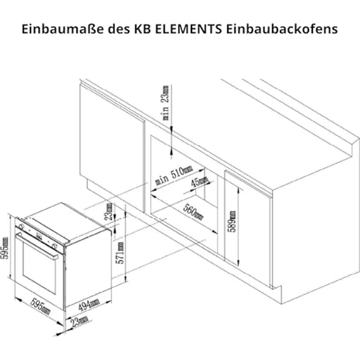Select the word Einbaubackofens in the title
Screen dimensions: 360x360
pyautogui.click(x=282, y=28)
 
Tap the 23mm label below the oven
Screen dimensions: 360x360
pyautogui.click(x=79, y=320)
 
